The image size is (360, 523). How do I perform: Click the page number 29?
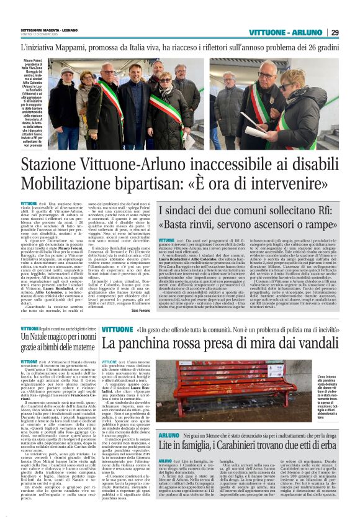(x=351, y=32)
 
